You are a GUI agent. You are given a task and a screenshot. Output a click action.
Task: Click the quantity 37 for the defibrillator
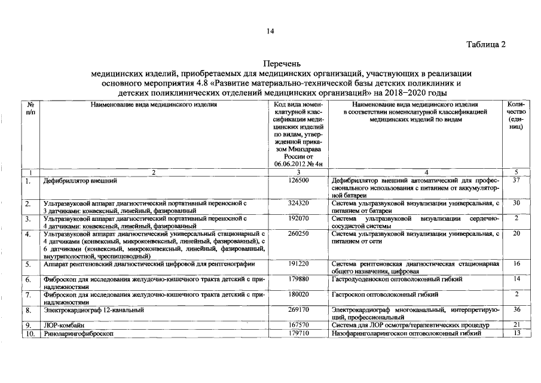(517, 180)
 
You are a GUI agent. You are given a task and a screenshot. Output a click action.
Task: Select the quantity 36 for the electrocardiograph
(517, 310)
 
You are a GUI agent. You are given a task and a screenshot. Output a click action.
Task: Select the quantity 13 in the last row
(517, 333)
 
